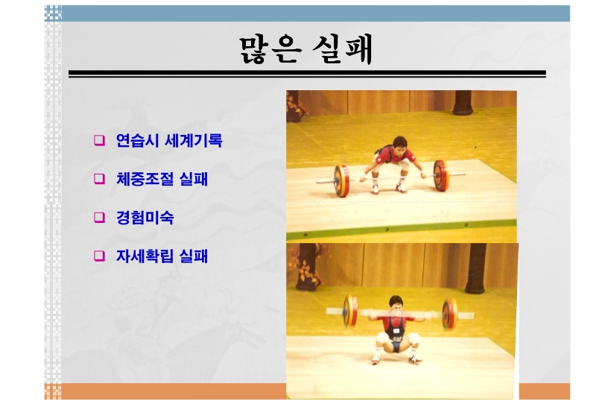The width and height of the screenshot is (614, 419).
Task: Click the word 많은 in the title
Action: tap(270, 50)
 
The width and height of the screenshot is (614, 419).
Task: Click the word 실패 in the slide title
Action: tap(343, 49)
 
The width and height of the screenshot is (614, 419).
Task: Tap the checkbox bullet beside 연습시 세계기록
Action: tap(99, 140)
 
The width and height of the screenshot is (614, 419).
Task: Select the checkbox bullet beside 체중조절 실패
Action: tap(99, 179)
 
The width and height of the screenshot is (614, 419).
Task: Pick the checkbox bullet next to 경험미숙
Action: tap(99, 217)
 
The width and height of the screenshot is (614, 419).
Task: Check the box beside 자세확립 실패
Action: tap(99, 256)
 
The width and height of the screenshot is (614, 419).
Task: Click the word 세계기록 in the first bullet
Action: tap(194, 140)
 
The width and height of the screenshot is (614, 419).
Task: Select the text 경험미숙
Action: tap(145, 217)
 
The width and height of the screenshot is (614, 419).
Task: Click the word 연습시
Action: tap(137, 140)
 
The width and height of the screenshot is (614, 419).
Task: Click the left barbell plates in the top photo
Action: tap(341, 180)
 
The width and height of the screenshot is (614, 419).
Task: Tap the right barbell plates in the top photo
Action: tap(440, 175)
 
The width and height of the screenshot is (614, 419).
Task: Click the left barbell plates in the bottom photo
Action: tap(350, 311)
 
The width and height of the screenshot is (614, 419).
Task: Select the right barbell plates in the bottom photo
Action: tap(449, 314)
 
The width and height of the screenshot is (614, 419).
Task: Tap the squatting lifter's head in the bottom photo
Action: tap(396, 305)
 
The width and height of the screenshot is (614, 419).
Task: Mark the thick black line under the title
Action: tap(307, 74)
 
